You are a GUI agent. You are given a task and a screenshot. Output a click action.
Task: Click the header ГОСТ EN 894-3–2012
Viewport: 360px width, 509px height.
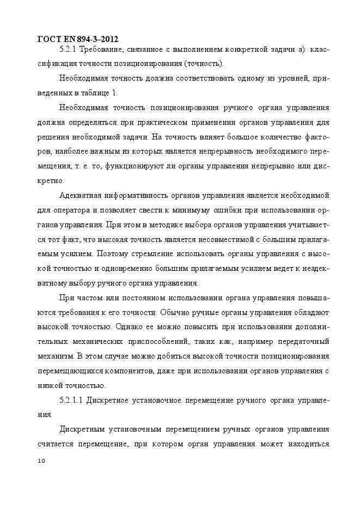(x=77, y=39)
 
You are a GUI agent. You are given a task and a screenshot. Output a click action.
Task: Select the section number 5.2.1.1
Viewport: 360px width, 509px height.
(x=69, y=401)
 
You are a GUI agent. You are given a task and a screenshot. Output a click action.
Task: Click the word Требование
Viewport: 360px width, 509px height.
(x=103, y=50)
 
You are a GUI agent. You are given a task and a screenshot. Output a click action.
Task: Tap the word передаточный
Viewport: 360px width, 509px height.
(x=303, y=342)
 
